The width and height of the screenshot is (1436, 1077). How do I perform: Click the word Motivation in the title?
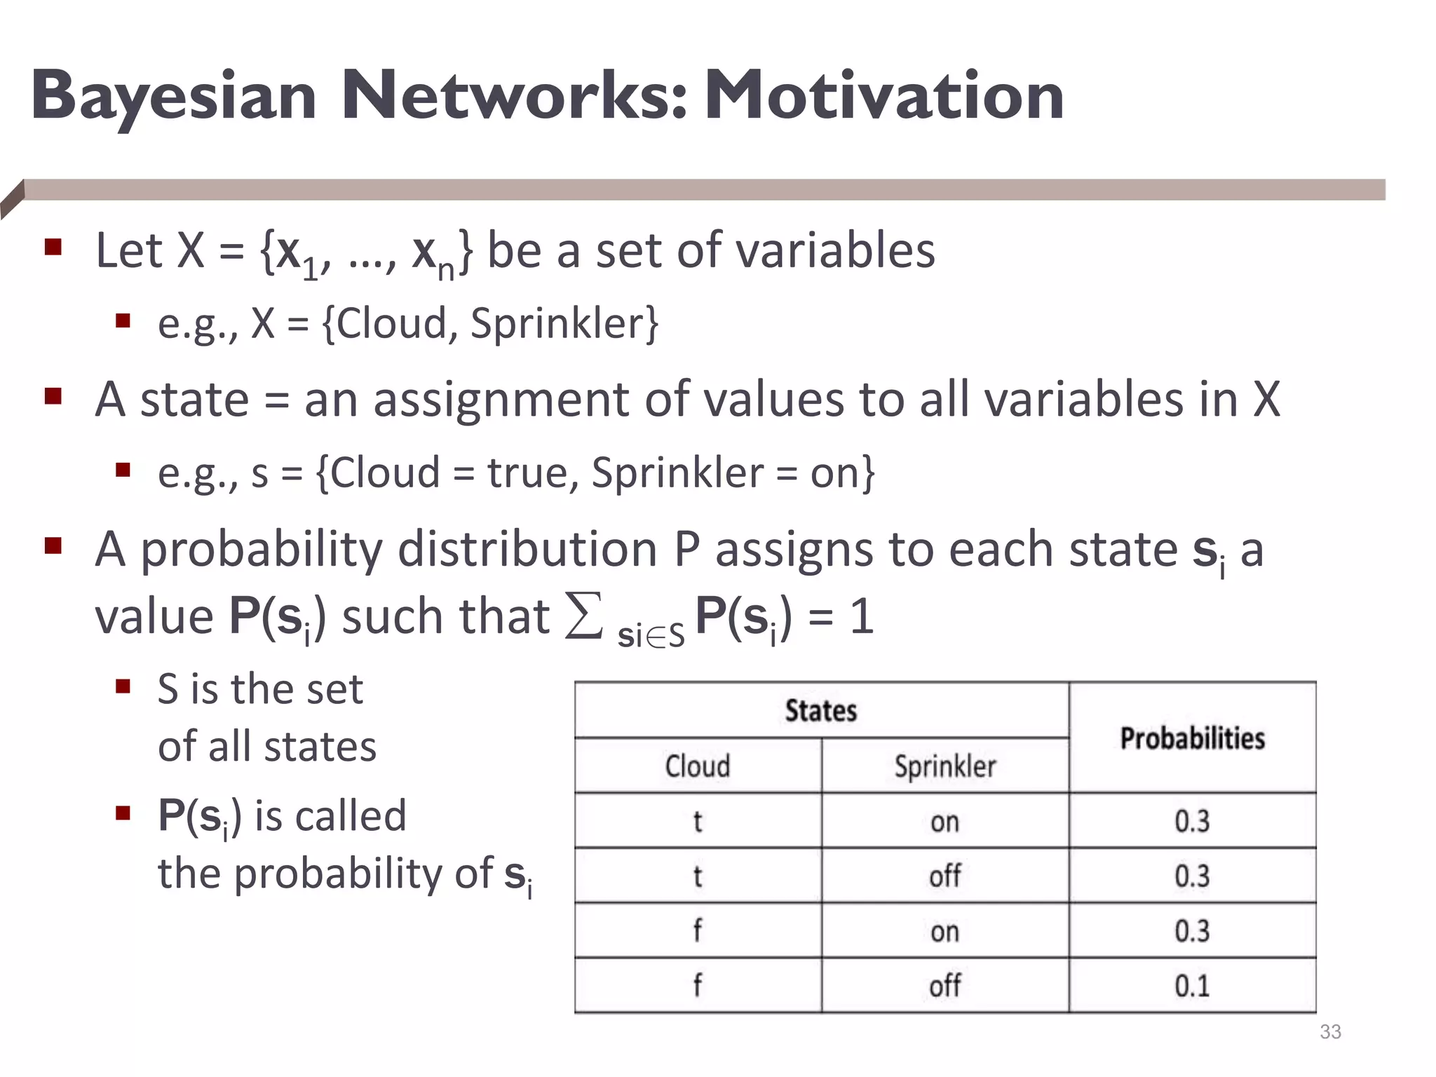[884, 96]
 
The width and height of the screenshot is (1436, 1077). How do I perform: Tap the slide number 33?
[1330, 1031]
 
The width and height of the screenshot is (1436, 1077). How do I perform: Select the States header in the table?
[821, 710]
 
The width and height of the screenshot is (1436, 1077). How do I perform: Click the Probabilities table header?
[1192, 738]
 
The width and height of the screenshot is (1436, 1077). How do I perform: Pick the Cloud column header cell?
[698, 766]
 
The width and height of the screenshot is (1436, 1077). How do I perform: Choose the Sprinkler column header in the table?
[944, 766]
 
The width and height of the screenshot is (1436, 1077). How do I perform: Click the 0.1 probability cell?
[1192, 986]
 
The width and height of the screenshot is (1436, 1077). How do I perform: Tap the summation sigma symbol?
[583, 616]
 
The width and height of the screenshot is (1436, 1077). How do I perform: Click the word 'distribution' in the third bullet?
[527, 549]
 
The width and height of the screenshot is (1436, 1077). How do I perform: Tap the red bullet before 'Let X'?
[53, 247]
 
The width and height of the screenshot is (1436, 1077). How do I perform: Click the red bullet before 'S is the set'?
[123, 686]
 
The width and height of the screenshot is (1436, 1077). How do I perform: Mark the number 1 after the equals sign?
[862, 616]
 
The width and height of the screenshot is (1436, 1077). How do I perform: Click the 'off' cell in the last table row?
[944, 986]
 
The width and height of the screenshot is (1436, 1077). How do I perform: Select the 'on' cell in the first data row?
[944, 821]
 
